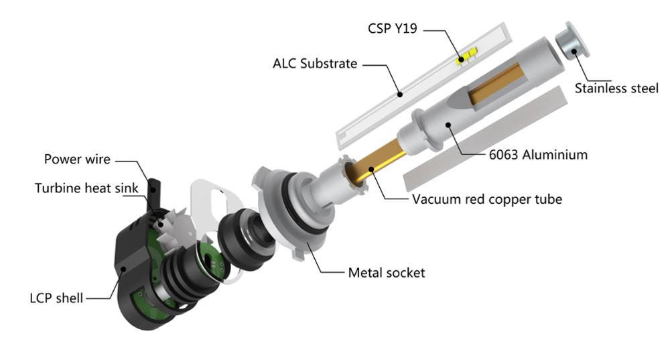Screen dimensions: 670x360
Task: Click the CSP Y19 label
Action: coord(392,29)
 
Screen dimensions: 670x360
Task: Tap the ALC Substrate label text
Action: coord(315,63)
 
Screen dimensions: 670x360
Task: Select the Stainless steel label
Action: coord(616,88)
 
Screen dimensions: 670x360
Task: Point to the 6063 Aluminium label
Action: coord(538,154)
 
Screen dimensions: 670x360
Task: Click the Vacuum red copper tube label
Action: coord(486,199)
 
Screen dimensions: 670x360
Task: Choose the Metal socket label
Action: coord(387,273)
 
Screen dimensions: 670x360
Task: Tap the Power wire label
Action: coord(77,159)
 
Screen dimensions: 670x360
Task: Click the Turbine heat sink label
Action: coord(86,188)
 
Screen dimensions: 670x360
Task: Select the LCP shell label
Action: coord(56,298)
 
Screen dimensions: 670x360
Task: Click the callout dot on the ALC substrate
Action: coord(399,95)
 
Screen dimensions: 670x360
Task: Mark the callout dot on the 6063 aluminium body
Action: coord(448,125)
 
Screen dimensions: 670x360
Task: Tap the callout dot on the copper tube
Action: coord(371,170)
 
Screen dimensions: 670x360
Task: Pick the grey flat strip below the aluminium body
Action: coord(485,139)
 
